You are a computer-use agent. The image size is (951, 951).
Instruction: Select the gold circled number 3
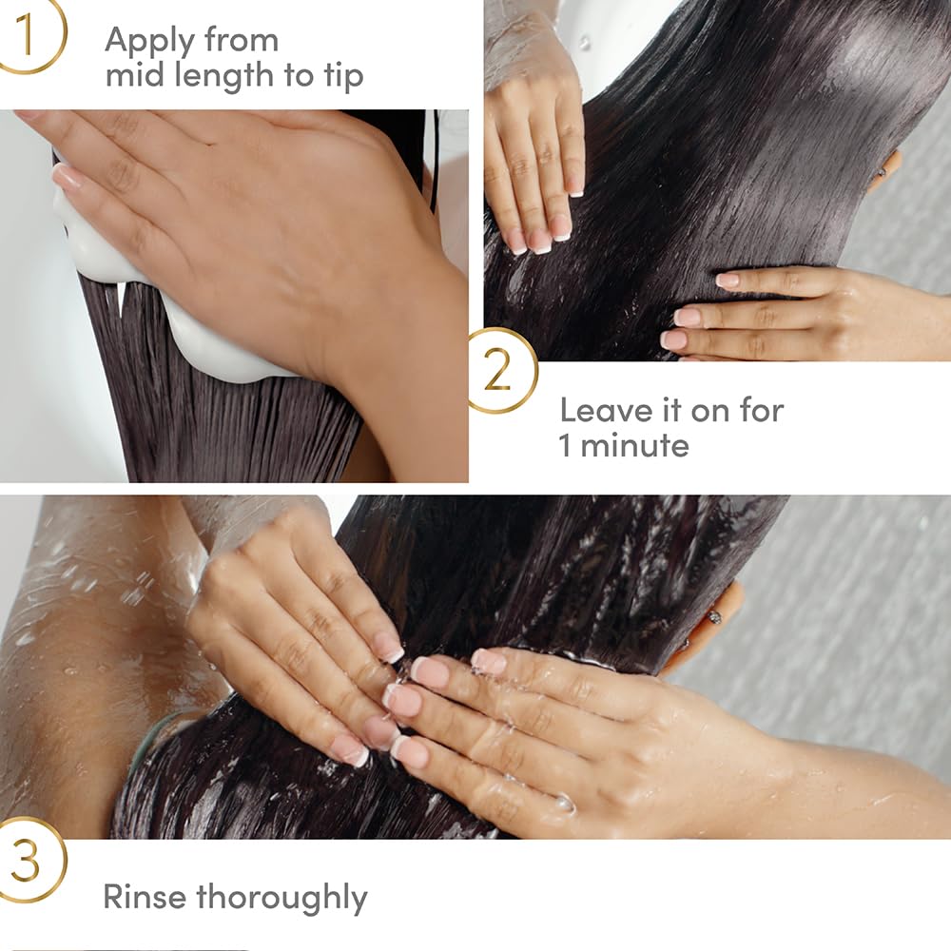29,862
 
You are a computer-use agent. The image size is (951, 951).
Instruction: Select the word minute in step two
634,445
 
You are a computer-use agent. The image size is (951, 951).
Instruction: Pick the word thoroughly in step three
281,898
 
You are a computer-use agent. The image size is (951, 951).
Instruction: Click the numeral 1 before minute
565,445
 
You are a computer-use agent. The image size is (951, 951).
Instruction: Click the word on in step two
705,410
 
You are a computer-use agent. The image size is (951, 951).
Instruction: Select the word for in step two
757,410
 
